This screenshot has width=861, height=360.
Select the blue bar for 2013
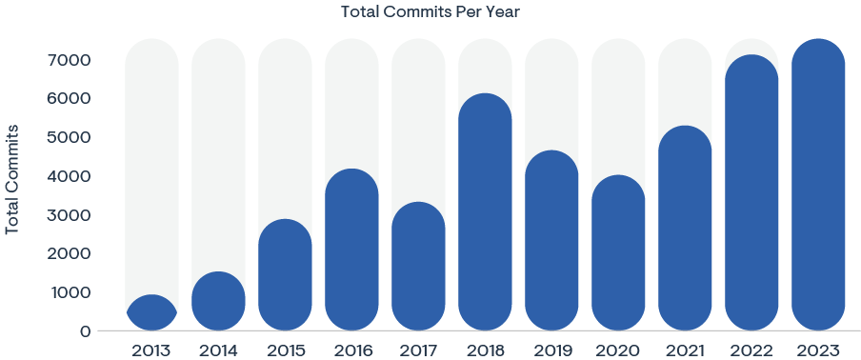tap(151, 315)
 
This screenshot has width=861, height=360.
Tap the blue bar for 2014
tap(218, 303)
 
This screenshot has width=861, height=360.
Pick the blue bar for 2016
tap(351, 252)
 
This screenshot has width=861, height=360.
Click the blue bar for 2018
tap(485, 214)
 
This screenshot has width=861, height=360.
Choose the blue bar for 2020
tap(618, 255)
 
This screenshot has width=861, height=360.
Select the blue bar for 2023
tap(818, 186)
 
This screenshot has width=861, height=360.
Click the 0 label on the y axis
tap(86, 331)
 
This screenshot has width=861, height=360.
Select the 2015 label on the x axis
tap(285, 350)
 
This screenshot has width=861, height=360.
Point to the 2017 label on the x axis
tap(418, 350)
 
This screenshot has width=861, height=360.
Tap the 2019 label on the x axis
tap(551, 350)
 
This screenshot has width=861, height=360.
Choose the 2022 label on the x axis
tap(751, 350)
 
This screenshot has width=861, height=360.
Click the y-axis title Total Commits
tap(13, 179)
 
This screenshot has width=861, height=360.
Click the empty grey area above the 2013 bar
tap(151, 162)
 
